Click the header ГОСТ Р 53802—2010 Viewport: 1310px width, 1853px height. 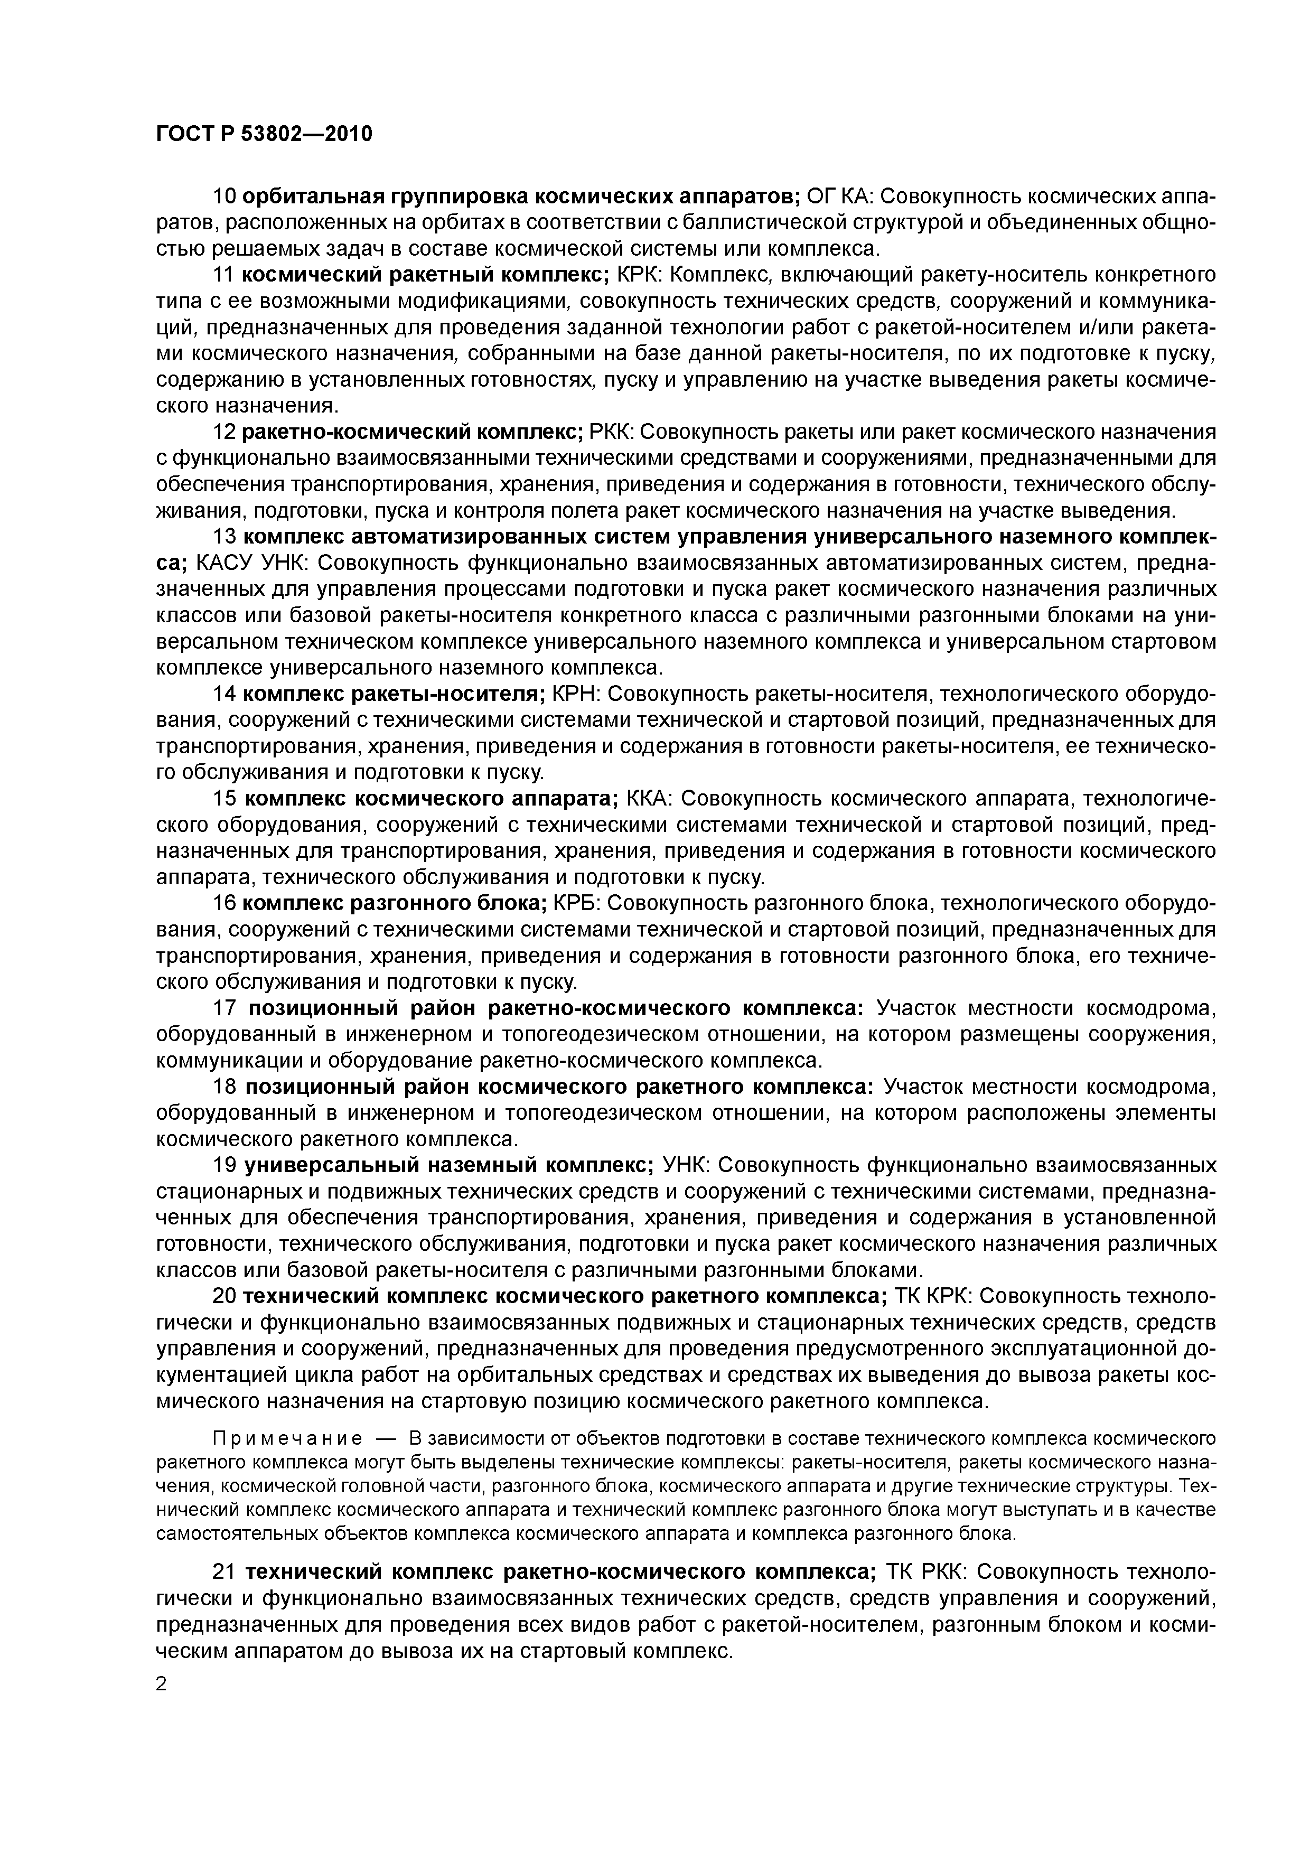point(264,133)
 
